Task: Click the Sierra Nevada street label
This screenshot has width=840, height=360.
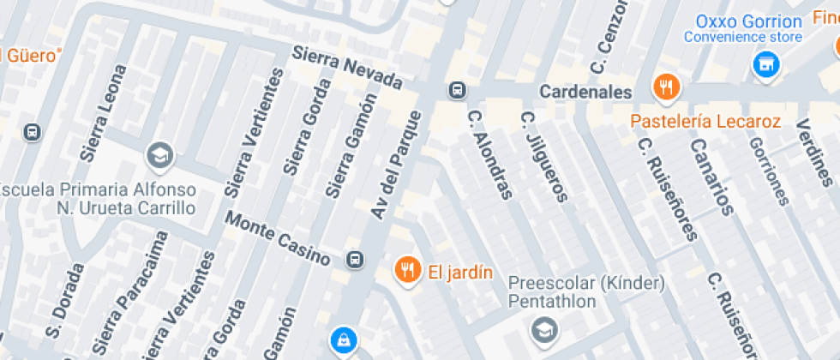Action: [347, 69]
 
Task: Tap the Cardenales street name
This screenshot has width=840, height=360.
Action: [586, 92]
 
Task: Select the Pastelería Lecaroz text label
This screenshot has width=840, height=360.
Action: [705, 122]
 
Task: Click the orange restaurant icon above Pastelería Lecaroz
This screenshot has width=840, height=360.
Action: [666, 87]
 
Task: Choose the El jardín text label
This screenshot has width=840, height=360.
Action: [460, 273]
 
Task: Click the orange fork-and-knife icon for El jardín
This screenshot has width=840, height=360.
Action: [407, 271]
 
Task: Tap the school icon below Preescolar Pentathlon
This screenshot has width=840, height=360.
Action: [543, 328]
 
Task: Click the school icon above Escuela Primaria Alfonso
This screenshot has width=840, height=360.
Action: [159, 155]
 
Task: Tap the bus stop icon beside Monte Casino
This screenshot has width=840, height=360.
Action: [354, 259]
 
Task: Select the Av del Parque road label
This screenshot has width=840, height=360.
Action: [397, 163]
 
